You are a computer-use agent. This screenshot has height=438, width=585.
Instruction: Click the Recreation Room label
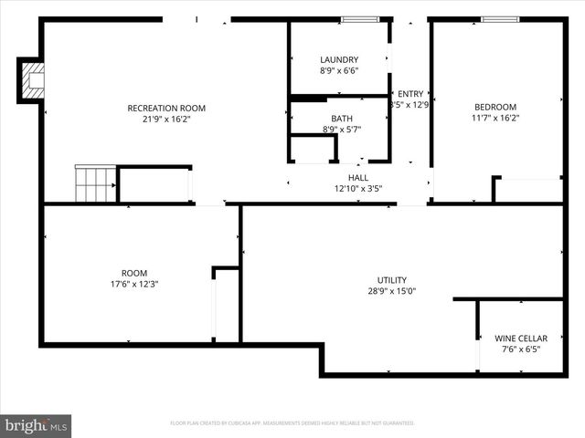(x=166, y=109)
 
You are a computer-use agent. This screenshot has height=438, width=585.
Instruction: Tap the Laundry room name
(x=339, y=60)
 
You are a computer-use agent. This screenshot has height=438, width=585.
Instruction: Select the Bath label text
(x=341, y=119)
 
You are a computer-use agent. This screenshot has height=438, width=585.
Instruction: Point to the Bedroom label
(x=495, y=107)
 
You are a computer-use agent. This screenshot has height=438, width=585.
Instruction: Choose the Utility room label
(x=392, y=280)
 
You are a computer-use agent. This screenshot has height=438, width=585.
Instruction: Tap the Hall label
(x=358, y=177)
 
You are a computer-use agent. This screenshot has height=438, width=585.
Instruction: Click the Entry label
(x=410, y=93)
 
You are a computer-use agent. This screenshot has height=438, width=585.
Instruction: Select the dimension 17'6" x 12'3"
(x=134, y=284)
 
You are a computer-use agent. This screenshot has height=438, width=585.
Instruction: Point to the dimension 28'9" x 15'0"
(x=392, y=291)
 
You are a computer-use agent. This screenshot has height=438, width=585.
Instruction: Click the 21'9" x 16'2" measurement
(x=166, y=119)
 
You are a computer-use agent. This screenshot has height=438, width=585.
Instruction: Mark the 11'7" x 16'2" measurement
(x=495, y=118)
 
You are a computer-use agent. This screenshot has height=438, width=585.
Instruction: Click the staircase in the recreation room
(x=95, y=184)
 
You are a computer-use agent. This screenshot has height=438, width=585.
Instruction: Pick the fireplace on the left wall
(x=32, y=80)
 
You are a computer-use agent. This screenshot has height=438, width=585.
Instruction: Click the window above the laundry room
(x=360, y=19)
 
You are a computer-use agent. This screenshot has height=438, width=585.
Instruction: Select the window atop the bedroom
(x=500, y=19)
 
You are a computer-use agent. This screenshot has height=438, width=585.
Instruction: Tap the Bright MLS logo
(x=37, y=425)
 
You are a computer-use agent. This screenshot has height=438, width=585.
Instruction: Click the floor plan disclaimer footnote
(x=292, y=423)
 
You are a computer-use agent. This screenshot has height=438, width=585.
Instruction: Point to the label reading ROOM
(x=134, y=273)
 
